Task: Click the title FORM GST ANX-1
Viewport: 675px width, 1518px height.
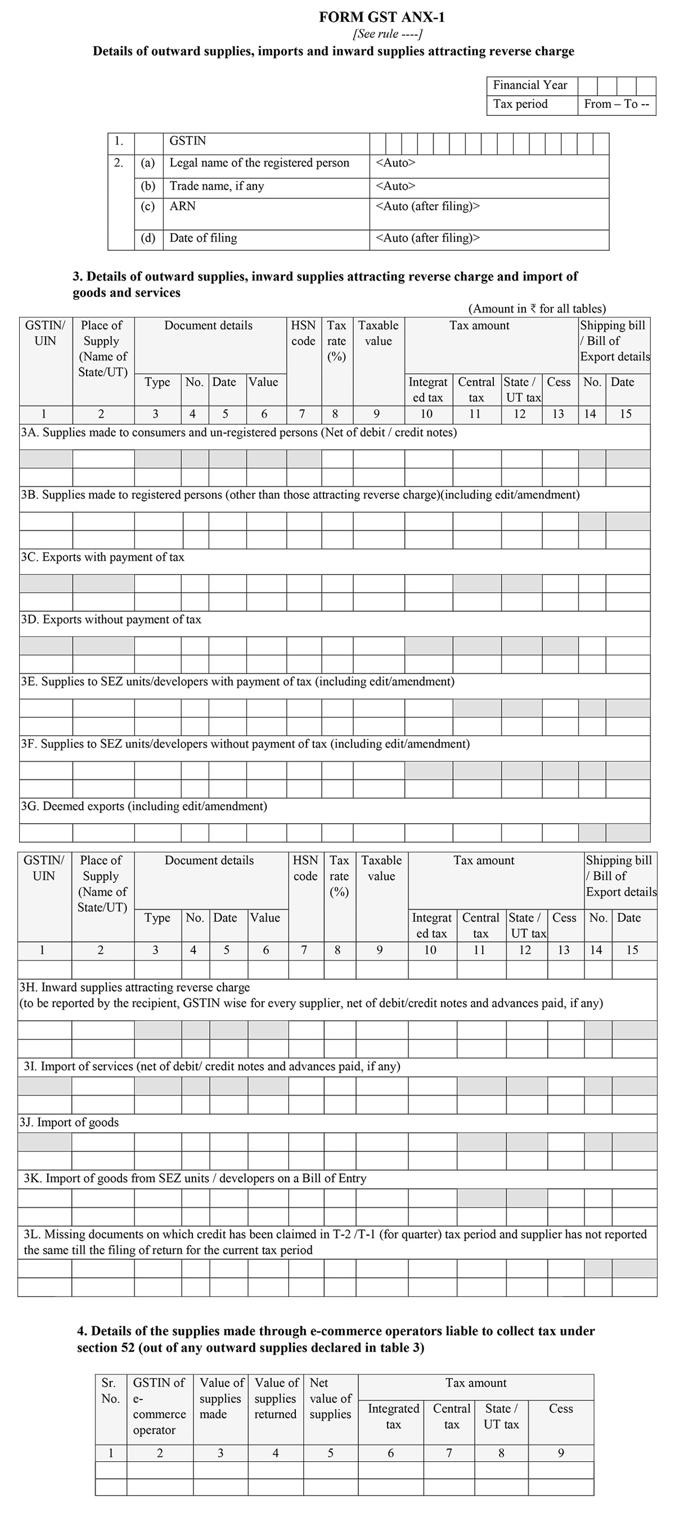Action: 381,17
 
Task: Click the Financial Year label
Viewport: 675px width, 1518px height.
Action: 529,85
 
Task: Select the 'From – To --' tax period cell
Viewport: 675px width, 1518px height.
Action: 616,105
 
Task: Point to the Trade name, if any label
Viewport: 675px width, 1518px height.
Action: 217,186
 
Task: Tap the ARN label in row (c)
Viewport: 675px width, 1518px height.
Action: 182,206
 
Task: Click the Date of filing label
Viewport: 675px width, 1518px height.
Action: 203,238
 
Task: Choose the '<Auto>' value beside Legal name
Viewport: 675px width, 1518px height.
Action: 395,162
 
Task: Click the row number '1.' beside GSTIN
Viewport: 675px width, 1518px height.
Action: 119,142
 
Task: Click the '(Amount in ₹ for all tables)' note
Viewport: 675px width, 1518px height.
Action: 537,309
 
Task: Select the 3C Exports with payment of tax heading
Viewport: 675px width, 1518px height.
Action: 102,558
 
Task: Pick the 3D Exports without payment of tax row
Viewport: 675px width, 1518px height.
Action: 111,620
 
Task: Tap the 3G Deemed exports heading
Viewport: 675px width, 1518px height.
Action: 144,806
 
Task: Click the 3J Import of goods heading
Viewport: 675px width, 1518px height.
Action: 69,1123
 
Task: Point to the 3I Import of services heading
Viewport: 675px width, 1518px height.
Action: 211,1067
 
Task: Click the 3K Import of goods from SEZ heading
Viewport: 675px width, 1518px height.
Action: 195,1178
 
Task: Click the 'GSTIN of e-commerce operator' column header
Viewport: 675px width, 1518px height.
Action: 159,1406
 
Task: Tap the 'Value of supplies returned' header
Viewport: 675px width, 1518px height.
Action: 275,1398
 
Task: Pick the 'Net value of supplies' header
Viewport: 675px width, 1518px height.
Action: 330,1398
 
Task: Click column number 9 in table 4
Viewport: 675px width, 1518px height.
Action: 561,1453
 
